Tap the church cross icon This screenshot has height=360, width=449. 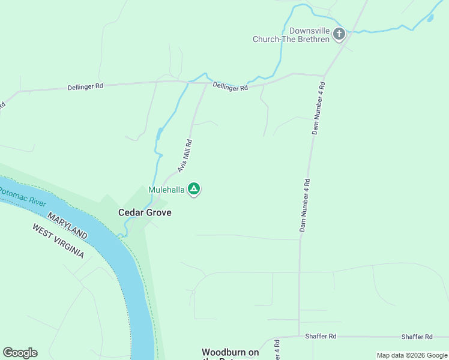[x=339, y=34]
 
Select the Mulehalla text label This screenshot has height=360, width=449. [x=166, y=190]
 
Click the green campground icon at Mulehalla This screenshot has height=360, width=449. [x=194, y=189]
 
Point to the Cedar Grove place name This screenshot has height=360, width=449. [x=145, y=212]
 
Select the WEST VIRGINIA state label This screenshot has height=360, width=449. [x=58, y=241]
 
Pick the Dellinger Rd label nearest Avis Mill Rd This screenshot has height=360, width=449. [x=230, y=88]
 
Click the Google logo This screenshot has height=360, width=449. [x=20, y=353]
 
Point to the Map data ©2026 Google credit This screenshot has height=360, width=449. [x=412, y=355]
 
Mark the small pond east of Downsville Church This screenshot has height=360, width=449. [x=430, y=18]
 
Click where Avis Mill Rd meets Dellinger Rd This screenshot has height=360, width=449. [x=208, y=83]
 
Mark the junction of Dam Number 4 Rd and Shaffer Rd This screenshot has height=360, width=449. [x=299, y=337]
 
